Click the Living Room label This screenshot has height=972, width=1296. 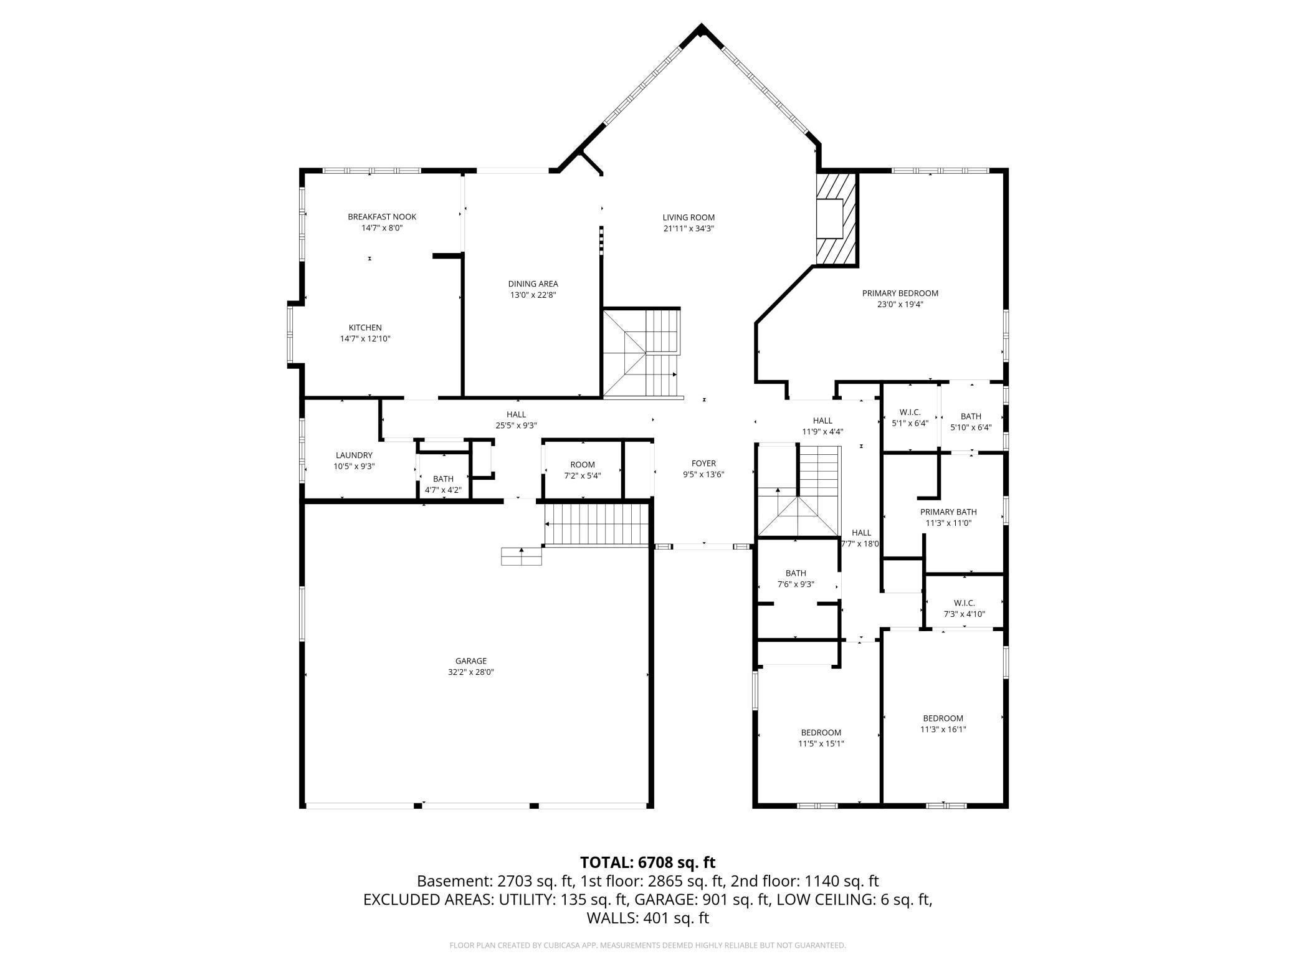[x=688, y=217]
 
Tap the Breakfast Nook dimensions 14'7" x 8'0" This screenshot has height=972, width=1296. [x=382, y=228]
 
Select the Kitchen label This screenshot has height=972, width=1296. [x=365, y=328]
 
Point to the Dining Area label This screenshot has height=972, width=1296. [x=533, y=284]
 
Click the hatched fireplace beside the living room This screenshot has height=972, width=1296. [x=837, y=219]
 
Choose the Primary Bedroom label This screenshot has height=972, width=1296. [x=900, y=293]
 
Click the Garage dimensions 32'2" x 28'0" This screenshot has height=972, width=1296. [x=471, y=672]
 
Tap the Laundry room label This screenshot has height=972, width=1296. [x=354, y=455]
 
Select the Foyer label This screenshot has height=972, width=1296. [x=703, y=464]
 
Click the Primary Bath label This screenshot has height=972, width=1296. [x=948, y=512]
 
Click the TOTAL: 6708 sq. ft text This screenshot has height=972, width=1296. [x=648, y=862]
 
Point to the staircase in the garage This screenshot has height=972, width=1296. [x=597, y=525]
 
